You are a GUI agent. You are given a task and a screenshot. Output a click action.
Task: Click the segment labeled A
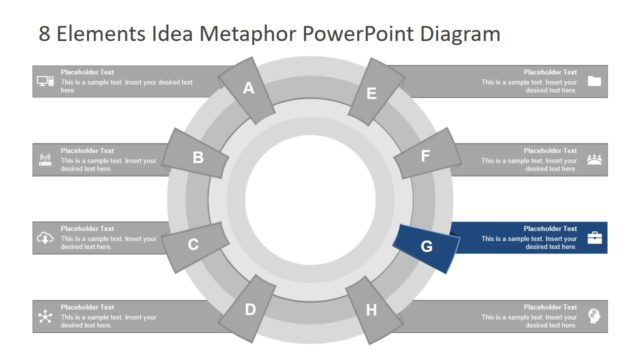249,90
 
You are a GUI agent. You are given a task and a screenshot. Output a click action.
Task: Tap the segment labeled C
193,243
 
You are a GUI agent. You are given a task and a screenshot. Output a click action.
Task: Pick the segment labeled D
250,310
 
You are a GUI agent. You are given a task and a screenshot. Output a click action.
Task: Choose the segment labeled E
371,93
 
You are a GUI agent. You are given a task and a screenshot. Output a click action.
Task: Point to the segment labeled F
425,156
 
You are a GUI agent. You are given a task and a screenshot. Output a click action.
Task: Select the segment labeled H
371,309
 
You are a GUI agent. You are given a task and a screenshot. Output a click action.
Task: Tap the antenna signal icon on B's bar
45,159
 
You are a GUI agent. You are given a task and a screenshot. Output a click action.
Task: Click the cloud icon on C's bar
45,238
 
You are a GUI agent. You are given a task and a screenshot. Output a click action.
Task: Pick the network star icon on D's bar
45,316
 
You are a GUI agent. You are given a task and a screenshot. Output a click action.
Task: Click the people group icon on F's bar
595,159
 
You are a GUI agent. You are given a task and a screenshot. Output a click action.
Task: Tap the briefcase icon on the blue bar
595,238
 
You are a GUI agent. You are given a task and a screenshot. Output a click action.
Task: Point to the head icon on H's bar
595,315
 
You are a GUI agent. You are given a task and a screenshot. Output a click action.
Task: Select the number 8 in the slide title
45,34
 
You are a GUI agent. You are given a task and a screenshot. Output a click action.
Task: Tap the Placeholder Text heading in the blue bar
550,229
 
